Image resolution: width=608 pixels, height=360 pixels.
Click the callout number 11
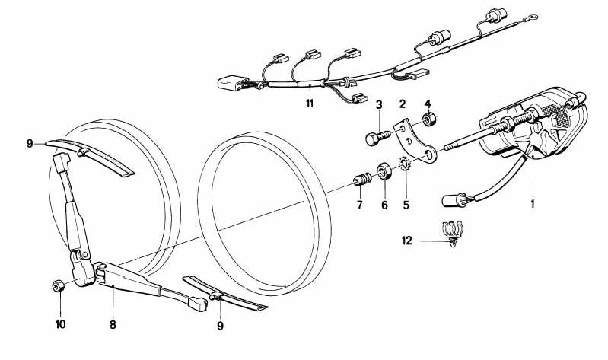point(309,104)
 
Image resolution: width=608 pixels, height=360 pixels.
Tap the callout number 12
point(407,241)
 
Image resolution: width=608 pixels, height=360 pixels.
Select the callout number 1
point(533,203)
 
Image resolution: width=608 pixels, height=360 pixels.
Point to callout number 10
point(60,324)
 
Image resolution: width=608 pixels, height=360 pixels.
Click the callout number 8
point(113,324)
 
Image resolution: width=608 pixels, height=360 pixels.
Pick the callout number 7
point(360,205)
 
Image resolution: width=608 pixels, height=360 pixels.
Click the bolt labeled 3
point(377,138)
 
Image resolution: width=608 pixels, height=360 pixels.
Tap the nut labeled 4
point(429,119)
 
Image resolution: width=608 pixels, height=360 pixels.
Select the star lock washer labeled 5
point(404,164)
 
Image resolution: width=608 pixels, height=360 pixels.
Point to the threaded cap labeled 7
point(362,180)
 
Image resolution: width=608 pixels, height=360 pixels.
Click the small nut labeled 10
point(58,287)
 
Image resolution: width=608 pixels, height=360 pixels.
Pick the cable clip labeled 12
point(453,233)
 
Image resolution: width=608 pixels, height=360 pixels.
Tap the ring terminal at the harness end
point(533,18)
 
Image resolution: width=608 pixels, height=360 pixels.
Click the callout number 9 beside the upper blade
point(30,144)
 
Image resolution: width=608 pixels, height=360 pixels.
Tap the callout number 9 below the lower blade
point(220,326)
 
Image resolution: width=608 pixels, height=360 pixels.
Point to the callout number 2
point(403,104)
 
